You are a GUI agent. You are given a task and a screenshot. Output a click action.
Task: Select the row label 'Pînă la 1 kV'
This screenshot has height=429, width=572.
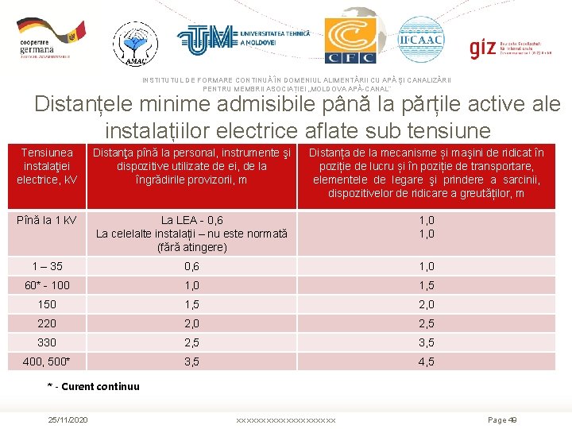pyautogui.click(x=47, y=220)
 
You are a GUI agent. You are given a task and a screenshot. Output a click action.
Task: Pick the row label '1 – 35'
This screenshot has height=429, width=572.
pyautogui.click(x=47, y=266)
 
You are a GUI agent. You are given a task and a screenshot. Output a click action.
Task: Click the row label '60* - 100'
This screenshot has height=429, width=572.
pyautogui.click(x=47, y=285)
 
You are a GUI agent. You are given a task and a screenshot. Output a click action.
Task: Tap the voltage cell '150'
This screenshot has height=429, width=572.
pyautogui.click(x=47, y=304)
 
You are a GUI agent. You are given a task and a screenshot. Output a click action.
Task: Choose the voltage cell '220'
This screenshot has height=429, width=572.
pyautogui.click(x=47, y=323)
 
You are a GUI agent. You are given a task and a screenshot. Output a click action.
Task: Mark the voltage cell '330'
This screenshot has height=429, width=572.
pyautogui.click(x=47, y=342)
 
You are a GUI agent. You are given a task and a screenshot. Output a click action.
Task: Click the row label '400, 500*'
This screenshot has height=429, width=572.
pyautogui.click(x=47, y=361)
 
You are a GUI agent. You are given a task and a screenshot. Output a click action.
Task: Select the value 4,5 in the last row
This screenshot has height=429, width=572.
pyautogui.click(x=426, y=361)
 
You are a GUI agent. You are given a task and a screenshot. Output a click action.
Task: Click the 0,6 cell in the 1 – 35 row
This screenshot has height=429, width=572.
pyautogui.click(x=191, y=266)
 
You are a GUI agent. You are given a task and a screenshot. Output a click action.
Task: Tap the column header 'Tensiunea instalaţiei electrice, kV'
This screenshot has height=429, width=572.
pyautogui.click(x=47, y=166)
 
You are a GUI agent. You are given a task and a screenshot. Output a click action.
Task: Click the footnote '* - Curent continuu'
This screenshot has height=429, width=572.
pyautogui.click(x=93, y=387)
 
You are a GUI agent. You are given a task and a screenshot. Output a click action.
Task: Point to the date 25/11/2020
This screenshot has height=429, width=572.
pyautogui.click(x=68, y=419)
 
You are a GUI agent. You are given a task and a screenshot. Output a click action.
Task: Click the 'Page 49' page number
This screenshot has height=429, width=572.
pyautogui.click(x=501, y=419)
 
